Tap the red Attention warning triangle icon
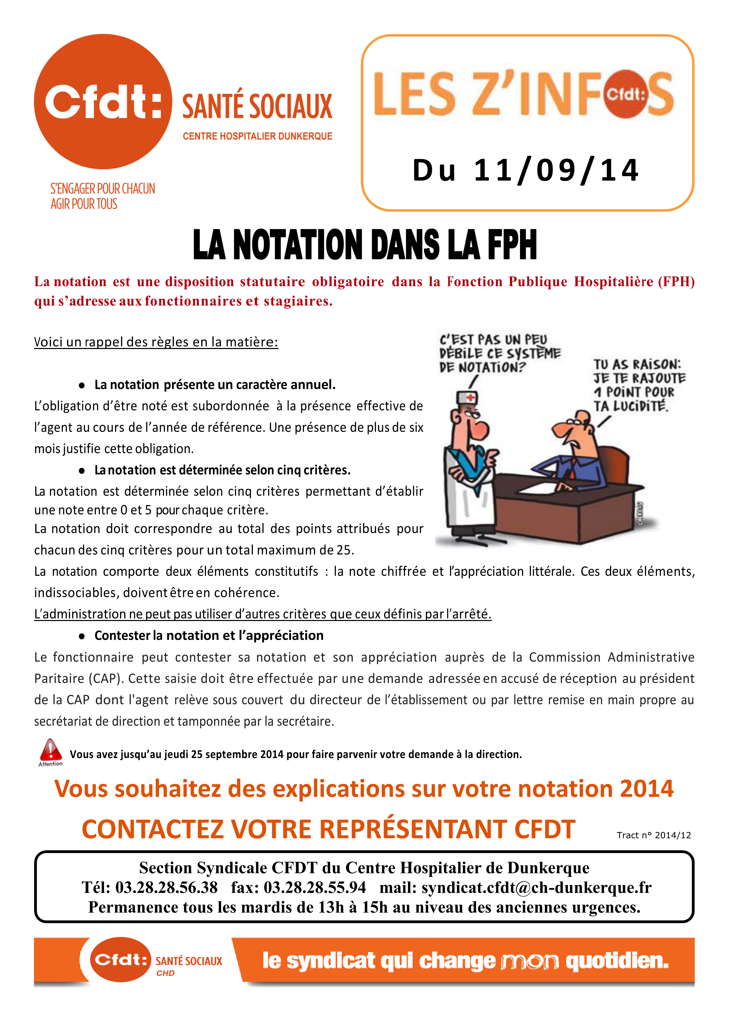coord(51,749)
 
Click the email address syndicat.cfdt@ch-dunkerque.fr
coord(536,887)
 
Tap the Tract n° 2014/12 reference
coord(654,835)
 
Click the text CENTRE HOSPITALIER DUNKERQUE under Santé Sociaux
coord(257,136)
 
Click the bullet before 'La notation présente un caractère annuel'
coord(82,385)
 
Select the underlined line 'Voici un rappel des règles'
coord(156,342)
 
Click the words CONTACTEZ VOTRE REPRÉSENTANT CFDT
coord(328,829)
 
